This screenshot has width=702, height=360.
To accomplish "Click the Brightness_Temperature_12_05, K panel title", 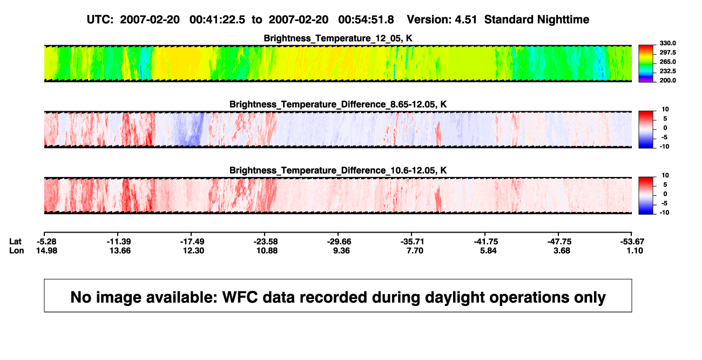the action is (338, 38).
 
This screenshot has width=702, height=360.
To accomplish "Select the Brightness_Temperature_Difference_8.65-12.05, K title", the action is (338, 104).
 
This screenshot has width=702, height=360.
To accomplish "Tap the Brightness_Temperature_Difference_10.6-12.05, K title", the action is (338, 171).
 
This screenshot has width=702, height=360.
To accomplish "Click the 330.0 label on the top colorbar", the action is (667, 43).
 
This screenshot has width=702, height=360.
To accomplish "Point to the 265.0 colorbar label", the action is (667, 62).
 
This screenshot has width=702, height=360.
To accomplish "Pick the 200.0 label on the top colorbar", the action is (667, 80).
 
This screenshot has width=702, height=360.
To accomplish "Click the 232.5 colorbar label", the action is (667, 71).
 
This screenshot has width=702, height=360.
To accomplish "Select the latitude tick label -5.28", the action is (46, 242).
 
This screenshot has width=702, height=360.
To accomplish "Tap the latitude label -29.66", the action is (339, 242).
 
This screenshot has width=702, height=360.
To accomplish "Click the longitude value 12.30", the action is (193, 250).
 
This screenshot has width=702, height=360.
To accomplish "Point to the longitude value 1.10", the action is (635, 250).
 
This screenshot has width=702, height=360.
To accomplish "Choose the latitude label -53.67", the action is (632, 242).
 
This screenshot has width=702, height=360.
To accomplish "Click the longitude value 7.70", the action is (415, 250).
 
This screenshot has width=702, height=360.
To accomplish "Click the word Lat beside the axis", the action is (15, 242).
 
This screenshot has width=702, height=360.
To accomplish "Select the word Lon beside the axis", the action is (16, 250).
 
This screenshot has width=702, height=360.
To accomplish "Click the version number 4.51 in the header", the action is (465, 20).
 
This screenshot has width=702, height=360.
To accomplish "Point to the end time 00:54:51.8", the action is (366, 20).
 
